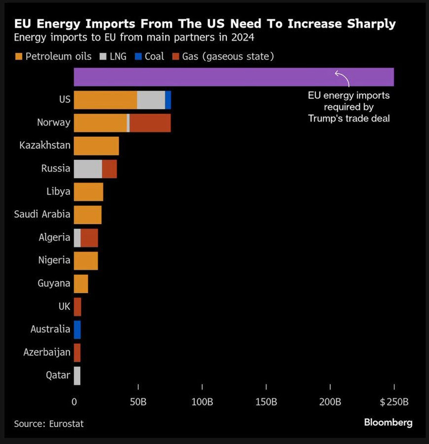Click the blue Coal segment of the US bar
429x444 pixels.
click(x=168, y=100)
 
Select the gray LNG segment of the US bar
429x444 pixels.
click(x=151, y=100)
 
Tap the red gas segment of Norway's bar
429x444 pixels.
click(x=150, y=123)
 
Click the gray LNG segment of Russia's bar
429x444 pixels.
click(x=88, y=169)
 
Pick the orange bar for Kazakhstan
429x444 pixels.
click(x=96, y=146)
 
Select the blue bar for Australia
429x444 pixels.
click(x=77, y=329)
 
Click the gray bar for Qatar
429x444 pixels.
click(x=77, y=375)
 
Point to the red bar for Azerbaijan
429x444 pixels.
click(x=77, y=353)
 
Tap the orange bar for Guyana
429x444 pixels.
click(x=81, y=283)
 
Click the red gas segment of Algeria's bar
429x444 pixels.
click(x=90, y=238)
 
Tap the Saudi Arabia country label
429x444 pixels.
click(x=42, y=214)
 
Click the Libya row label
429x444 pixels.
click(x=58, y=191)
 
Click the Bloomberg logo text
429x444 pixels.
click(x=388, y=422)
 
